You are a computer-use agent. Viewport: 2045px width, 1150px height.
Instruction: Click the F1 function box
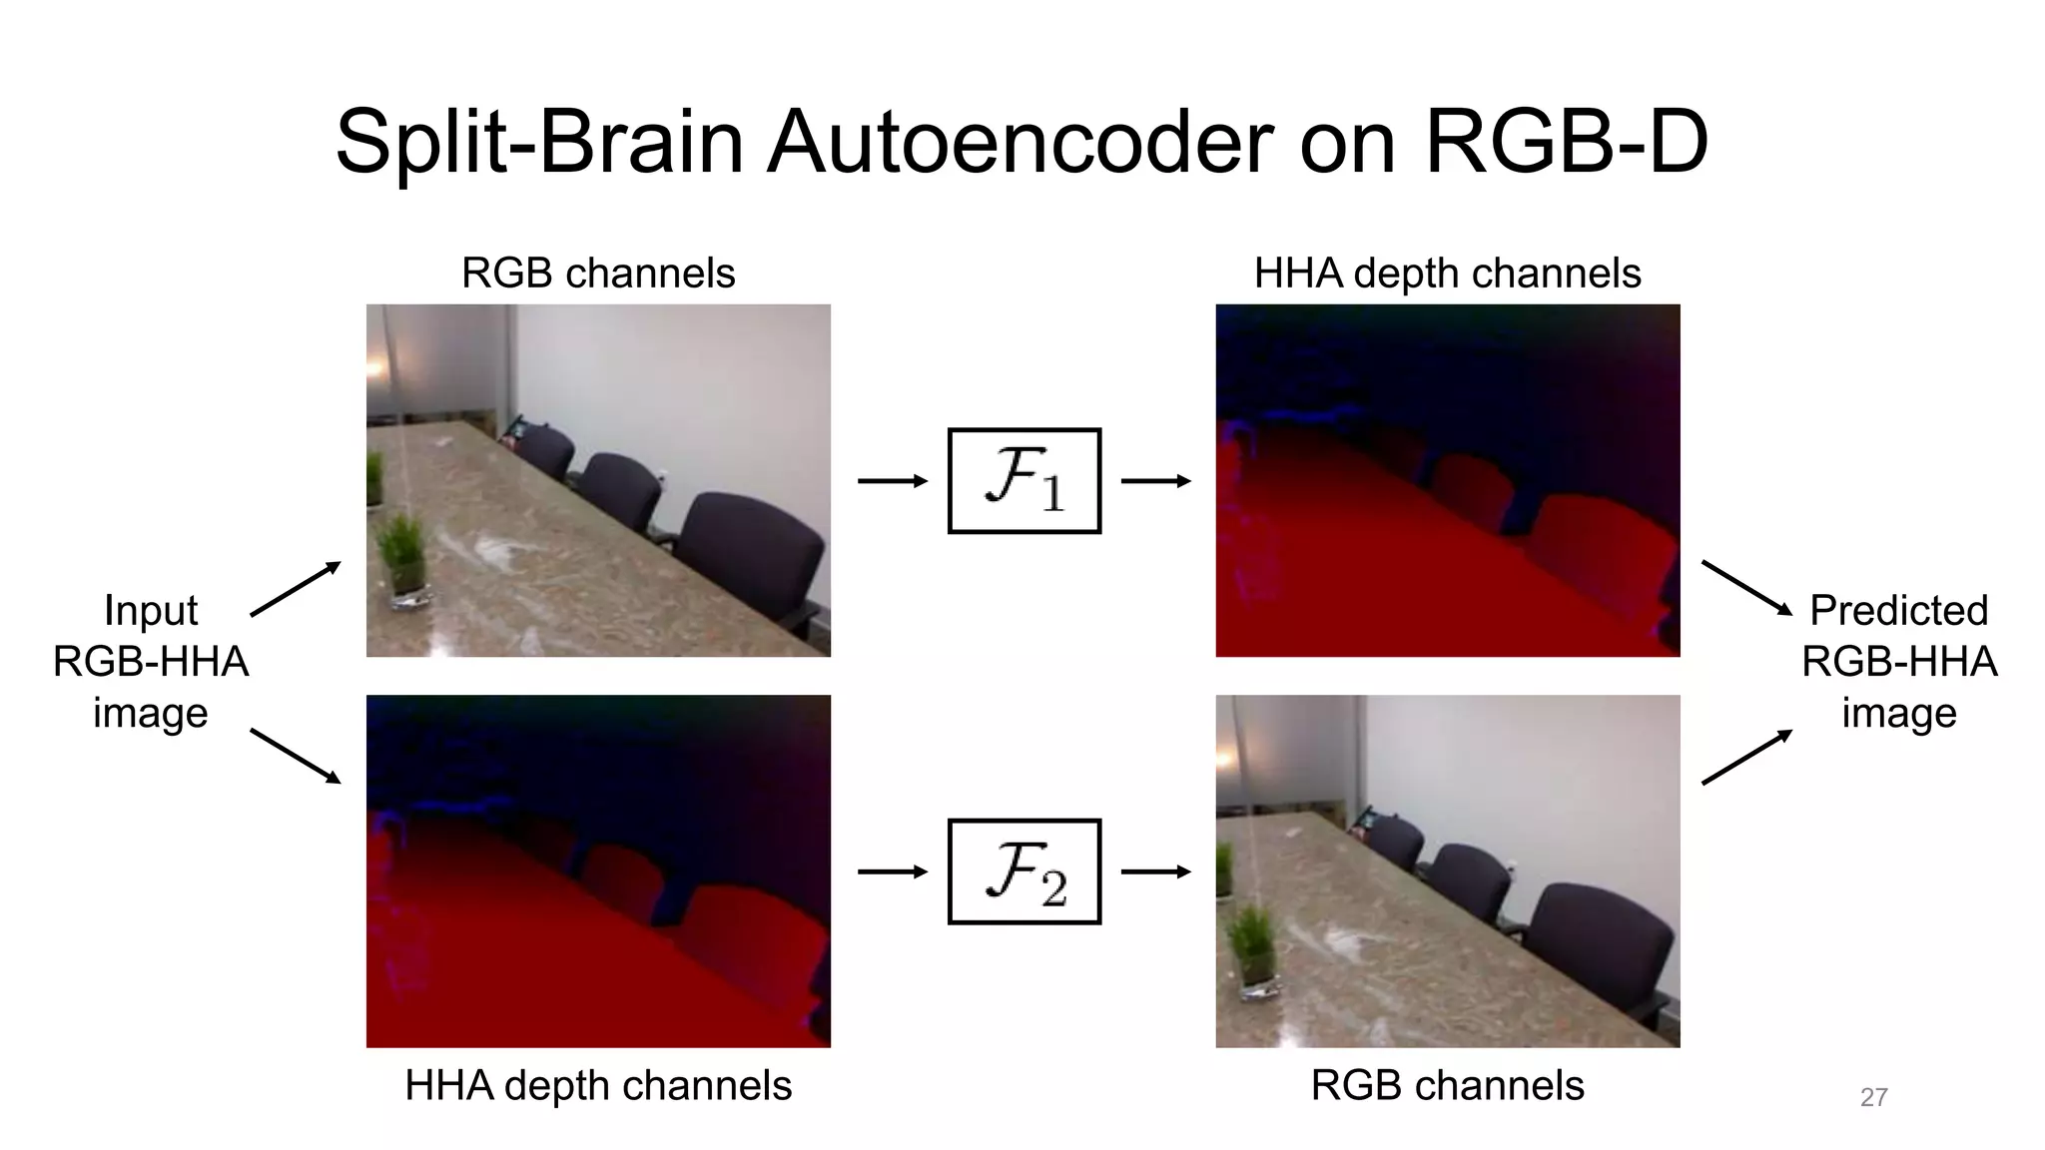1023,481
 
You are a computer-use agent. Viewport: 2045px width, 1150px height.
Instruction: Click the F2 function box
1023,871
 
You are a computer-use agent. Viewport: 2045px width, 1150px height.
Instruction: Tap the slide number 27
1873,1097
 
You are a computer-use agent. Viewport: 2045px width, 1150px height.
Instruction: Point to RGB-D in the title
1566,142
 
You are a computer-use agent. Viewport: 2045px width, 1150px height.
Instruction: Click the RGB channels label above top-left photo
598,273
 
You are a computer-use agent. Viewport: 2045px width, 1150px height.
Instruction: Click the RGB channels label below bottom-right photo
1447,1085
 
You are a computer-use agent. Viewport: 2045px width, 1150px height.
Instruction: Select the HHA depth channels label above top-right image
1447,273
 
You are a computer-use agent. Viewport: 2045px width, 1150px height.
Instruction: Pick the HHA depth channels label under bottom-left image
598,1085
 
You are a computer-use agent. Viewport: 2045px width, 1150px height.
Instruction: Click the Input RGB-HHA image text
150,661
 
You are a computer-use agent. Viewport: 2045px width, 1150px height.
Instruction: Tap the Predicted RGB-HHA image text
1898,661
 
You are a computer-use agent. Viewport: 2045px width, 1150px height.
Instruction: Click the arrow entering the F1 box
892,481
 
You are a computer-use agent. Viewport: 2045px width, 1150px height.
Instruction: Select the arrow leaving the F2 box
1155,871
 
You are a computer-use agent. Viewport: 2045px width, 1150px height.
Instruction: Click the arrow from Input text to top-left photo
296,589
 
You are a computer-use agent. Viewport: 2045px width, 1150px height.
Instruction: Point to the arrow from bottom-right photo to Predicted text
1746,757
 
